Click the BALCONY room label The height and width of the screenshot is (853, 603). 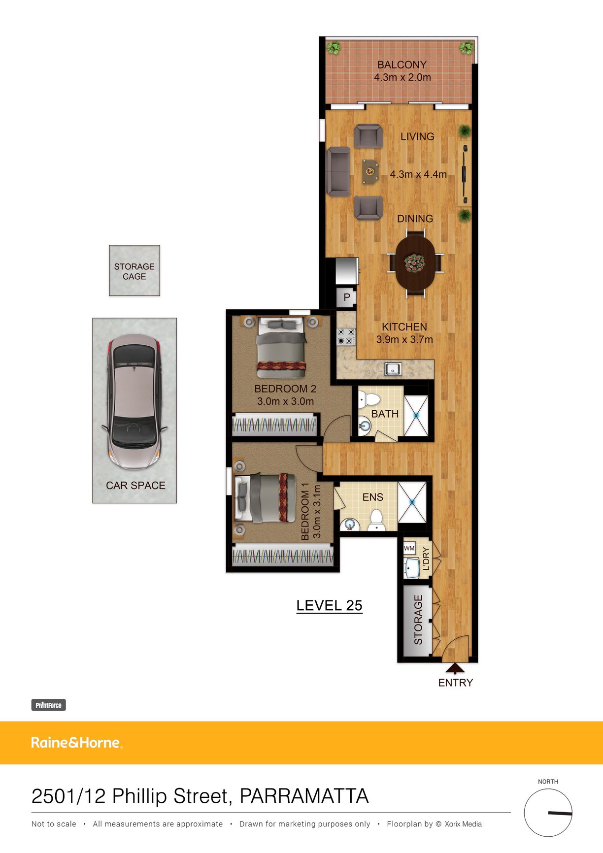point(402,65)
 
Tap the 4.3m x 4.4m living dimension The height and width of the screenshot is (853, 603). point(418,174)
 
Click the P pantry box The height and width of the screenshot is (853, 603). point(347,297)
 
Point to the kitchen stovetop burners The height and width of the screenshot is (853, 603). point(346,336)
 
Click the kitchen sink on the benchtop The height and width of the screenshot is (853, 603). point(393,368)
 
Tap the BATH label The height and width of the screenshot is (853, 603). point(385,414)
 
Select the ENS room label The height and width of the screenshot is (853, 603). point(372,497)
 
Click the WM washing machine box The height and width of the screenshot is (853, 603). point(409,548)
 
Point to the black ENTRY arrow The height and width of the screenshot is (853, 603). point(455,668)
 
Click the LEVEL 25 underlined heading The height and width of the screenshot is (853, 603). point(329,606)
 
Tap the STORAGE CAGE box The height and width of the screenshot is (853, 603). point(134,270)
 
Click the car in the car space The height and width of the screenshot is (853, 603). point(134,402)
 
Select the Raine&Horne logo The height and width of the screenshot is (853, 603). point(77,743)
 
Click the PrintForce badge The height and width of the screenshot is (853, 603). point(48,705)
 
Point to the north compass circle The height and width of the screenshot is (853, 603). point(548,813)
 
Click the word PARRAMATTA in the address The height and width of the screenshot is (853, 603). point(304,796)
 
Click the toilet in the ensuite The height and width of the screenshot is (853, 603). point(377,520)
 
